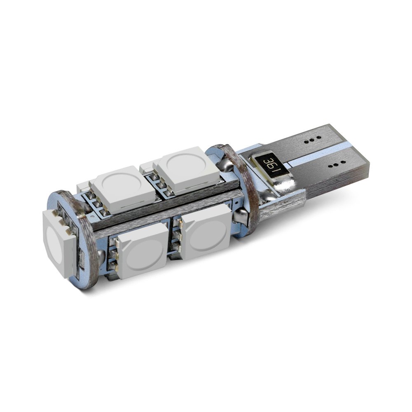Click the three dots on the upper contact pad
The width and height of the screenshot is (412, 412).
click(x=312, y=140)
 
